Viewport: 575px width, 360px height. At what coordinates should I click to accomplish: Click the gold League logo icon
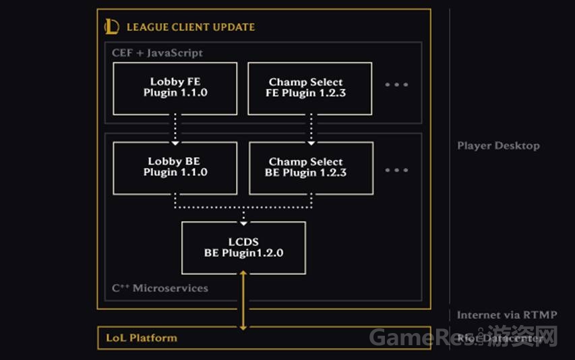tap(112, 27)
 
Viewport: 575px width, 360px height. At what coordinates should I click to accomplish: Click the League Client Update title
tap(191, 28)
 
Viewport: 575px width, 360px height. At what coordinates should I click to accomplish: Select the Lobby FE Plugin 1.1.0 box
tap(175, 88)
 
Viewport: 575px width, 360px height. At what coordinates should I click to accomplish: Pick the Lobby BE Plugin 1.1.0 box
tap(175, 167)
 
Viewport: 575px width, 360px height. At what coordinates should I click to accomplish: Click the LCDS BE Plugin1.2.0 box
tap(243, 247)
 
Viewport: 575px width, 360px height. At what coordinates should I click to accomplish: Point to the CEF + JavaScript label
tap(157, 53)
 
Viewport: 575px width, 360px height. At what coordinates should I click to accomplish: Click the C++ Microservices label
tap(160, 288)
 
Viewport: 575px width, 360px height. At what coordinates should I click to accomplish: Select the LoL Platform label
tap(142, 338)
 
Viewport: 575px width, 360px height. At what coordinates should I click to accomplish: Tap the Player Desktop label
tap(498, 146)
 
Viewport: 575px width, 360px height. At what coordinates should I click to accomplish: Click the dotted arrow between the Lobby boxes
tap(175, 128)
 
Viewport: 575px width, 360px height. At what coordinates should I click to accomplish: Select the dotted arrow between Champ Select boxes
tap(311, 128)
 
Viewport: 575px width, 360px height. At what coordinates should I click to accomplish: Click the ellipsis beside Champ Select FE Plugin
tap(396, 85)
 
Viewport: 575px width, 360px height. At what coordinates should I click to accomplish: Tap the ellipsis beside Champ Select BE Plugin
tap(396, 170)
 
